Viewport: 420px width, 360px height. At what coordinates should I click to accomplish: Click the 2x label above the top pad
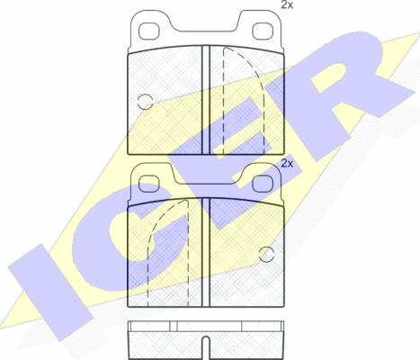point(286,6)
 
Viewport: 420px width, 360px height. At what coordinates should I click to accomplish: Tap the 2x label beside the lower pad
point(288,164)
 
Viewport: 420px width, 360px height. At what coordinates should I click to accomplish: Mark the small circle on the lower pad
point(266,252)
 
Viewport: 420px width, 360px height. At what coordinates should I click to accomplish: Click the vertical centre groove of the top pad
point(204,99)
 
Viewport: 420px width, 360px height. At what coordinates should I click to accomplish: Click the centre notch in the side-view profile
point(204,343)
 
